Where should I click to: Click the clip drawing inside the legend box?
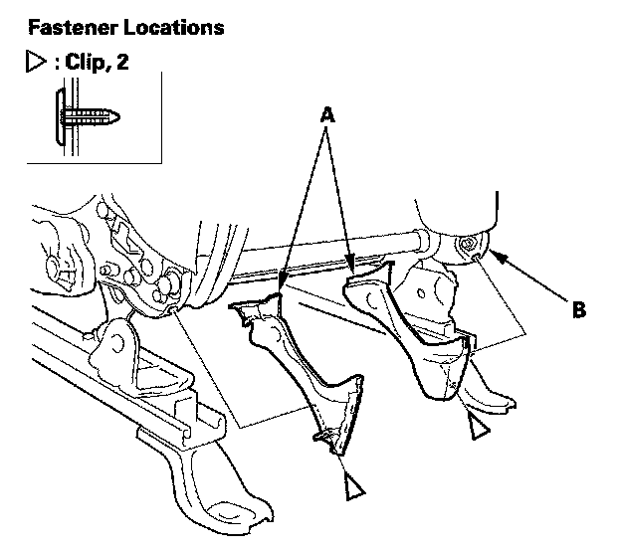(x=88, y=116)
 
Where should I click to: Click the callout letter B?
(x=578, y=309)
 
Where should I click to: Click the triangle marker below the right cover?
(x=479, y=428)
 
